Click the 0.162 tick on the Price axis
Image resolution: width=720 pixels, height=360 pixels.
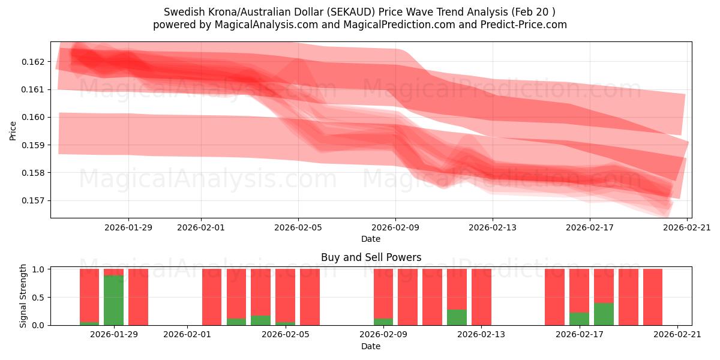(34, 62)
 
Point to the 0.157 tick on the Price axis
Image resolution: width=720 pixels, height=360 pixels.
(34, 200)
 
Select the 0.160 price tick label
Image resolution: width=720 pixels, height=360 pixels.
(34, 118)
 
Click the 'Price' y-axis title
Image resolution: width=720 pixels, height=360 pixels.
(13, 131)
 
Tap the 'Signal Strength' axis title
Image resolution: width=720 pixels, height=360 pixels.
(23, 296)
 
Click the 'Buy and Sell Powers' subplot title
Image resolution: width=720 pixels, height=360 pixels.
(371, 257)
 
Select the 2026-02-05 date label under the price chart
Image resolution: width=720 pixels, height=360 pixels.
(298, 227)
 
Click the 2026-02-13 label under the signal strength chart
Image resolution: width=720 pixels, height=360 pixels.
(481, 335)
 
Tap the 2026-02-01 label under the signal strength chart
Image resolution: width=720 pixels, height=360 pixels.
(188, 335)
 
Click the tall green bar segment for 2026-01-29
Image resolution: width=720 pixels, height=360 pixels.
(113, 300)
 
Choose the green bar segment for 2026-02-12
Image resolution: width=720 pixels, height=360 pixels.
(457, 317)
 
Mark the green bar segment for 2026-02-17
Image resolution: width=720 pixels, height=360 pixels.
(579, 319)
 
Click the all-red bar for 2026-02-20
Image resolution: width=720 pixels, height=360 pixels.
(653, 297)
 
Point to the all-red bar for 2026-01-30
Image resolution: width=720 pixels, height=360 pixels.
(138, 297)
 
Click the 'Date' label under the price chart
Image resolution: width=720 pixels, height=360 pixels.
(371, 239)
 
